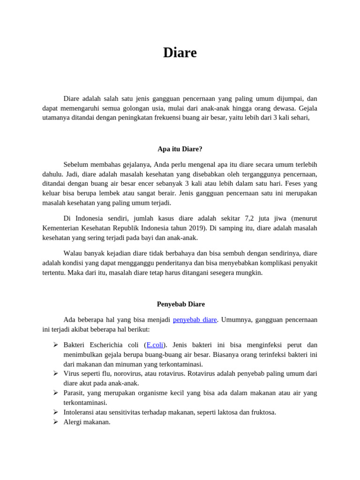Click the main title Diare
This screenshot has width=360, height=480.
(180, 53)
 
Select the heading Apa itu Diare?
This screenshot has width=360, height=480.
(180, 149)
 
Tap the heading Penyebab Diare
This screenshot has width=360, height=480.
(180, 304)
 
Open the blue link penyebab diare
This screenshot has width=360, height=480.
(195, 320)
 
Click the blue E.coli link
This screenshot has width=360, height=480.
(155, 345)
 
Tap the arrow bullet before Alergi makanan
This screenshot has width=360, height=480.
(55, 422)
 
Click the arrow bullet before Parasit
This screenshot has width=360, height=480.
(55, 393)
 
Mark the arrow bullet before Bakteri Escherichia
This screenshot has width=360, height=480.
(55, 345)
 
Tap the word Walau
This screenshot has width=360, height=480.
(73, 253)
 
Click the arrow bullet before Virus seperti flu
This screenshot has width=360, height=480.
(55, 374)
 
